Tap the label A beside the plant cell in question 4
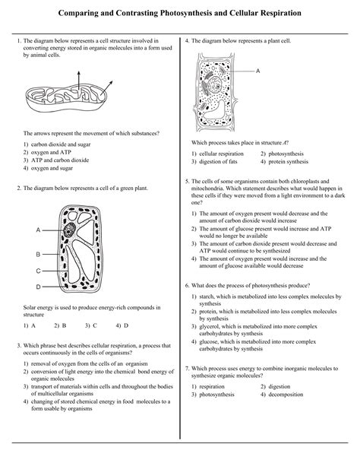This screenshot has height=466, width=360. [258, 71]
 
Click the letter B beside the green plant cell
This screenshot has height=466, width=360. [37, 254]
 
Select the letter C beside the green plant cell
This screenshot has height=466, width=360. [37, 271]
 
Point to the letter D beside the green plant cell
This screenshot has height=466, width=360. [37, 287]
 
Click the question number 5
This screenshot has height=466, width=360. [187, 182]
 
